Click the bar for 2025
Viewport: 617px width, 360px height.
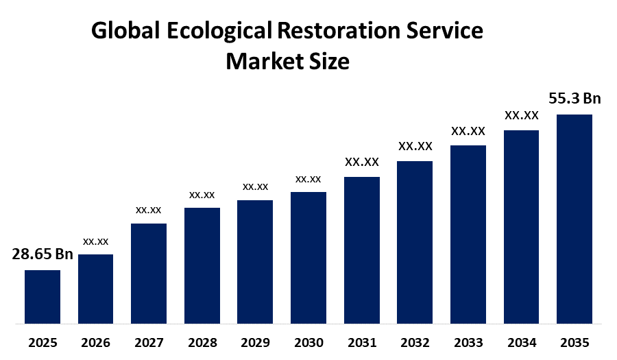click(43, 296)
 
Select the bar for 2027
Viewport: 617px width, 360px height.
click(149, 273)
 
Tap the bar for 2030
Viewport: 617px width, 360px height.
click(308, 257)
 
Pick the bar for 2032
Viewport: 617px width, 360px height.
click(415, 241)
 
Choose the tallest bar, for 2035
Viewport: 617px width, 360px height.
click(574, 218)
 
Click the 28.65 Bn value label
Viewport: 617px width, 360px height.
click(43, 254)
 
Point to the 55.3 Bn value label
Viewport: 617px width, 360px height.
click(574, 99)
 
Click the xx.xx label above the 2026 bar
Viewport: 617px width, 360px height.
click(96, 241)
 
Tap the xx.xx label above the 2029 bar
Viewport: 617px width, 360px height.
click(255, 187)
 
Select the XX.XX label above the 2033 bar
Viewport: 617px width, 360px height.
click(468, 130)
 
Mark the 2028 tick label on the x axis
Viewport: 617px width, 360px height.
click(202, 342)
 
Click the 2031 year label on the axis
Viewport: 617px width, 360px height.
click(361, 342)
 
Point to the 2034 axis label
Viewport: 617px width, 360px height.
click(521, 342)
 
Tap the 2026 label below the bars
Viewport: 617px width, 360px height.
click(96, 342)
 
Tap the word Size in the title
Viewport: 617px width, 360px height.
click(329, 62)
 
